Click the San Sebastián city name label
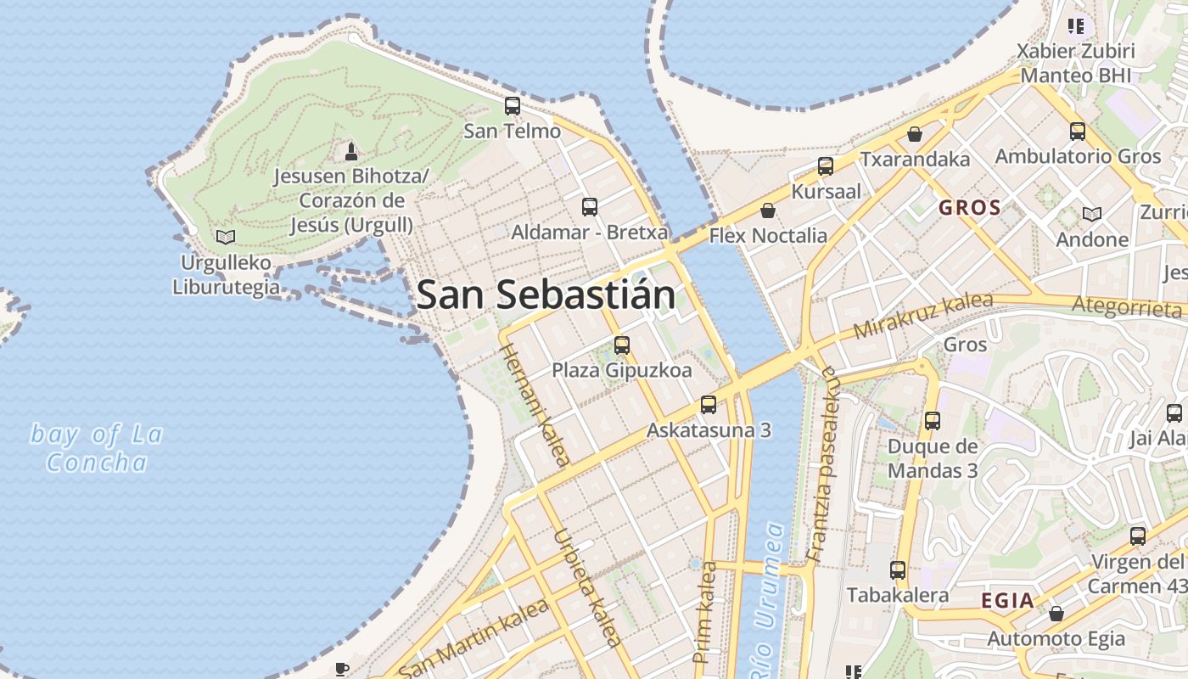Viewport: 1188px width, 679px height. tap(546, 295)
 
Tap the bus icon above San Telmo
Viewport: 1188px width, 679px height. tap(513, 106)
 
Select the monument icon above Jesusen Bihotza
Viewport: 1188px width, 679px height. tap(351, 152)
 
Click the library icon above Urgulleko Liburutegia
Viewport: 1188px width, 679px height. tap(226, 237)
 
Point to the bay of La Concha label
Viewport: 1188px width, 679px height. tap(97, 448)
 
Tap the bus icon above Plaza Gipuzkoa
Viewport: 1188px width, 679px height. tap(622, 345)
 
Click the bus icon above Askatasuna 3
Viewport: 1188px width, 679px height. tap(709, 405)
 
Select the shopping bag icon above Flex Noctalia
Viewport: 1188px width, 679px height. tap(768, 210)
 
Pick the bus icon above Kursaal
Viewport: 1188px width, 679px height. tap(826, 166)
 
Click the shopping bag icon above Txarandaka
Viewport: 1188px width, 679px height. tap(915, 134)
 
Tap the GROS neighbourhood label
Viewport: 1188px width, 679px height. tap(969, 207)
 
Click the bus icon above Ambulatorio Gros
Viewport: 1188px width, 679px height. tap(1078, 132)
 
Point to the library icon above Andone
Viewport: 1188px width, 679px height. tap(1092, 214)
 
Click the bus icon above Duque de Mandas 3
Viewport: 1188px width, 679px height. tap(933, 420)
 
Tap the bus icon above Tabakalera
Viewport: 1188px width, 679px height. tap(898, 570)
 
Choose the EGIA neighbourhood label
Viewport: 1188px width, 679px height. tap(1007, 601)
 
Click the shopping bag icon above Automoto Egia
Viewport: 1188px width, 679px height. tap(1056, 613)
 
